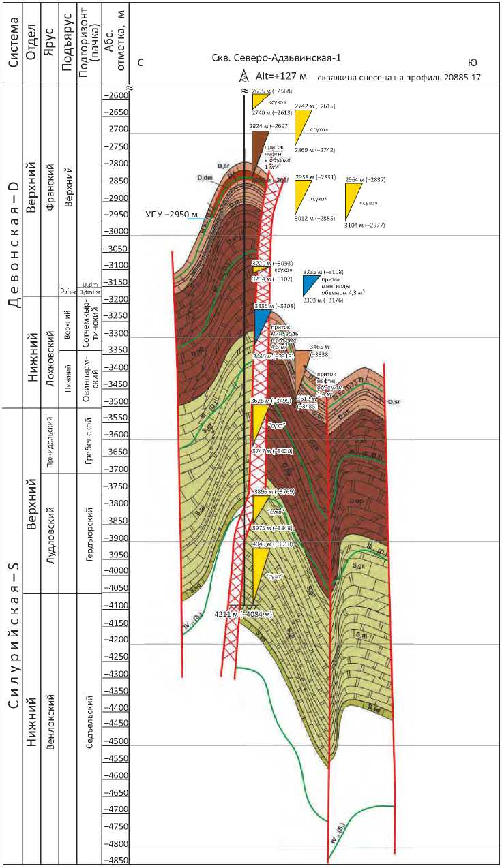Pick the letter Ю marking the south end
coord(473,63)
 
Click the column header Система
coord(14,41)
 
